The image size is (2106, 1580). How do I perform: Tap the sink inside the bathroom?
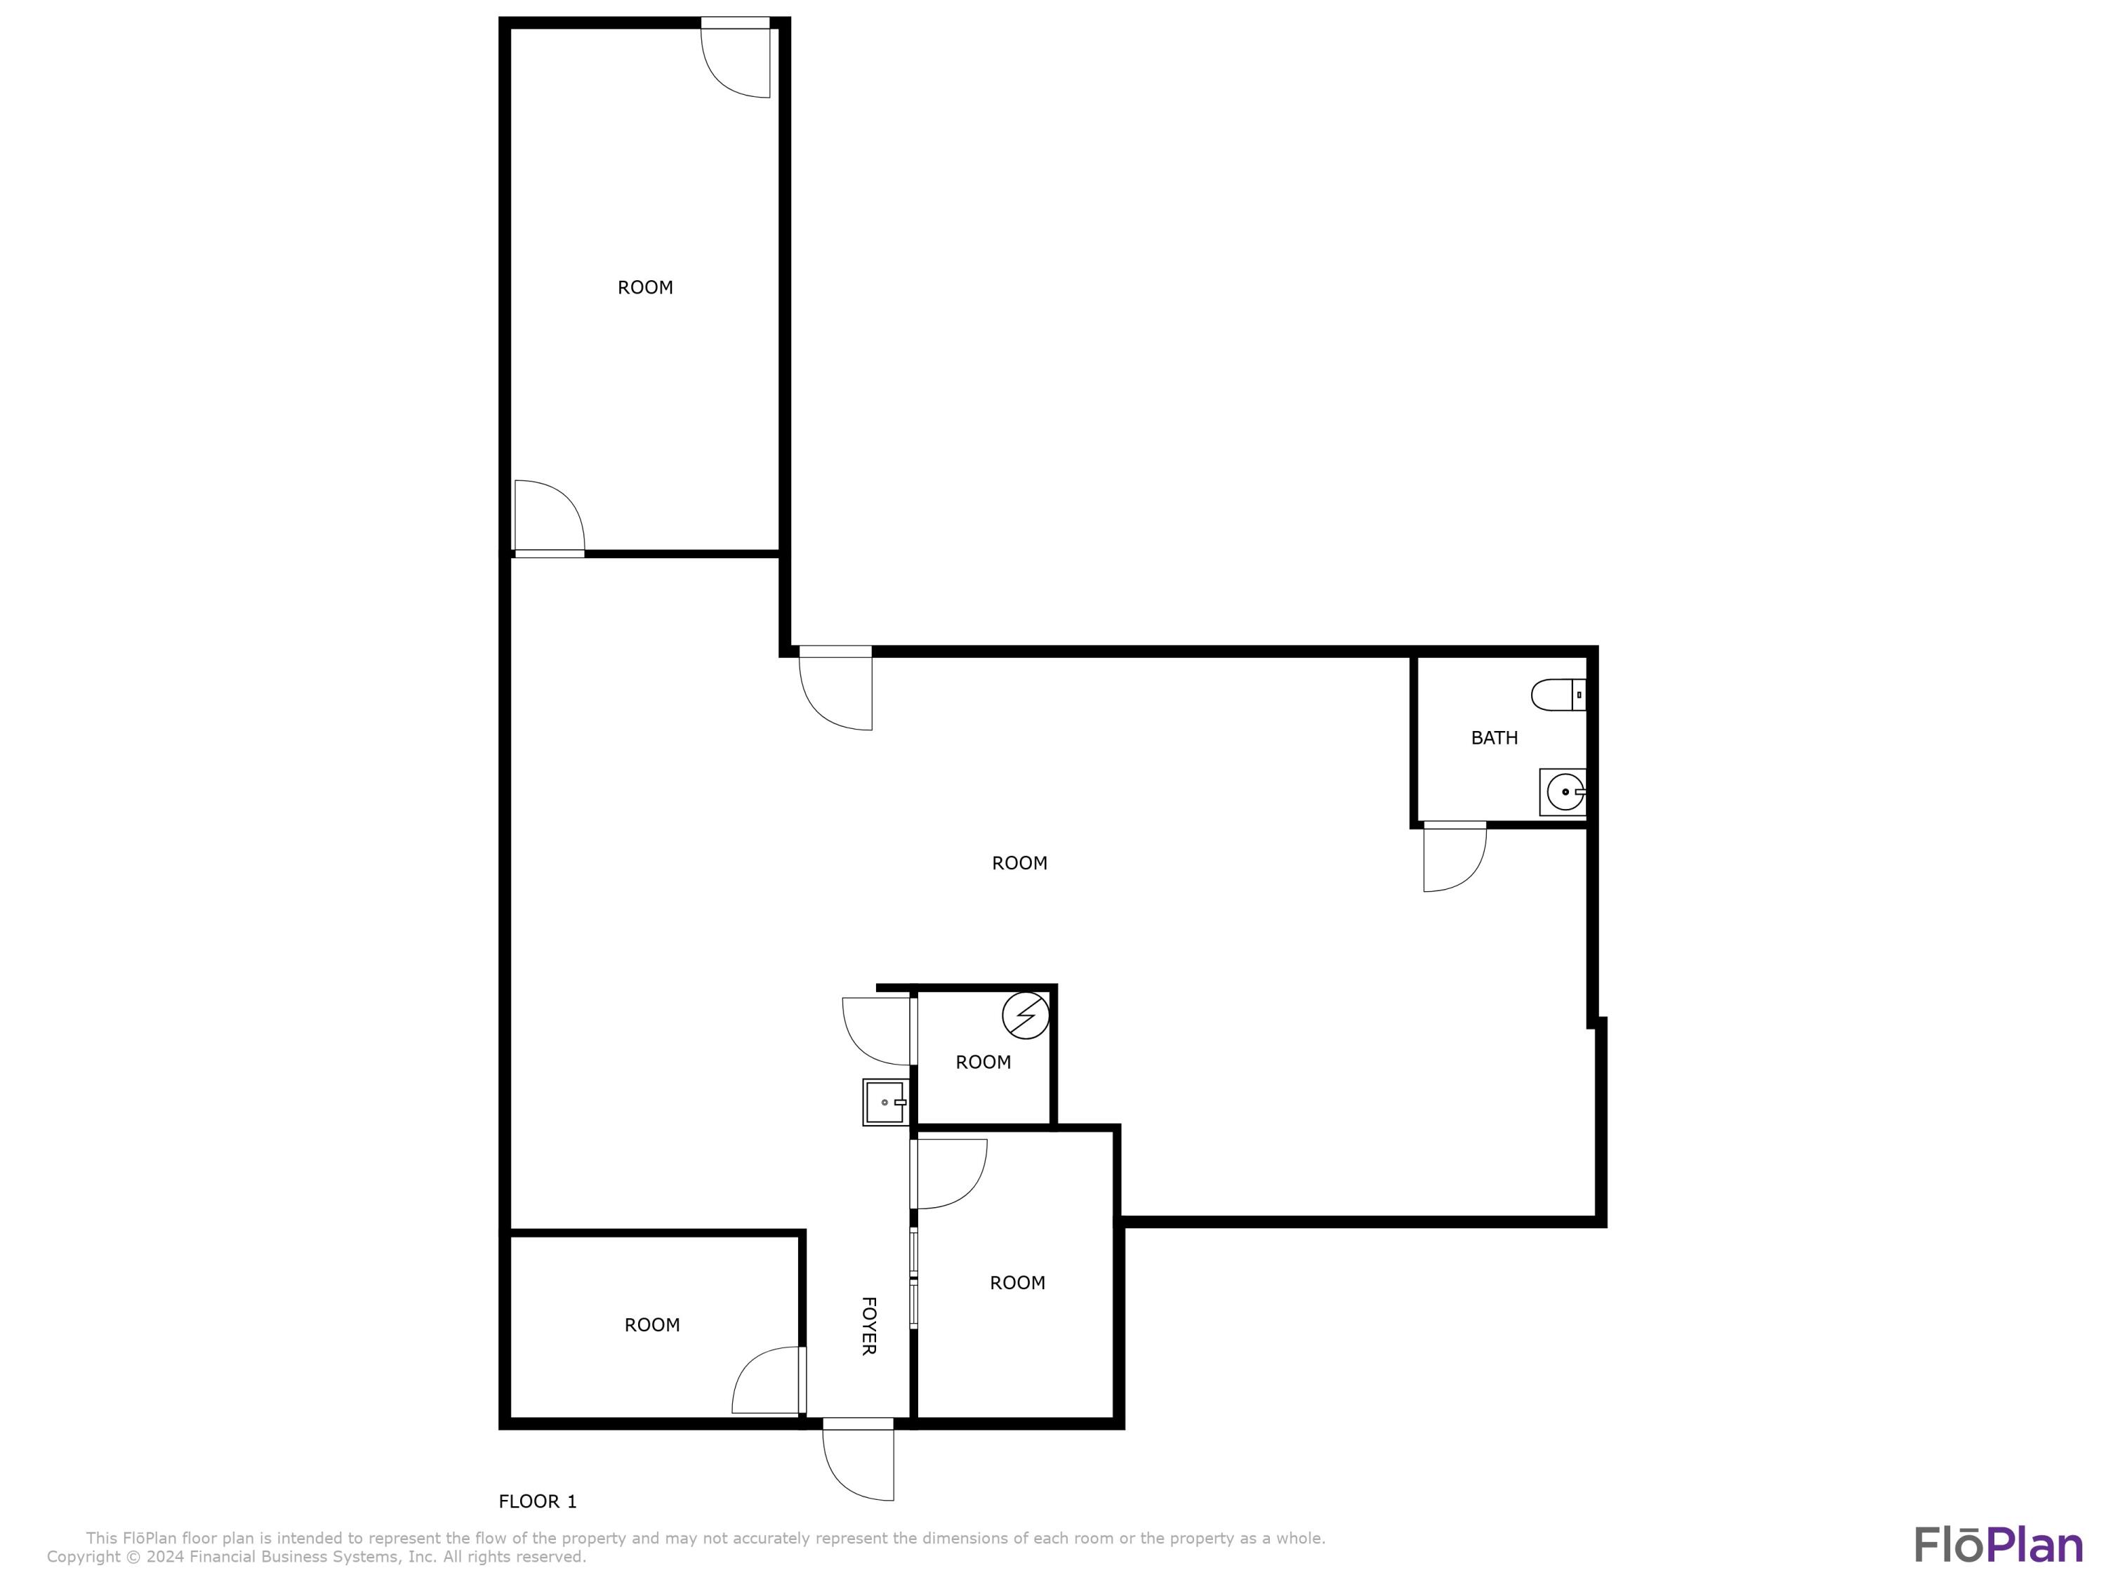coord(1563,791)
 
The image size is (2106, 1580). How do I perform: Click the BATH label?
coord(1494,737)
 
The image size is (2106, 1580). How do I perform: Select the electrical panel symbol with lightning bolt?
coord(1026,1015)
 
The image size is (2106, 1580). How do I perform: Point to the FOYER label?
coord(868,1325)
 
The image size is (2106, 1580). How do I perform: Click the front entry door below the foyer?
coord(858,1462)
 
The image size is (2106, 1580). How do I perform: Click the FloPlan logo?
coord(1997,1545)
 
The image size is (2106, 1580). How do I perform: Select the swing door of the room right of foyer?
coord(949,1173)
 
